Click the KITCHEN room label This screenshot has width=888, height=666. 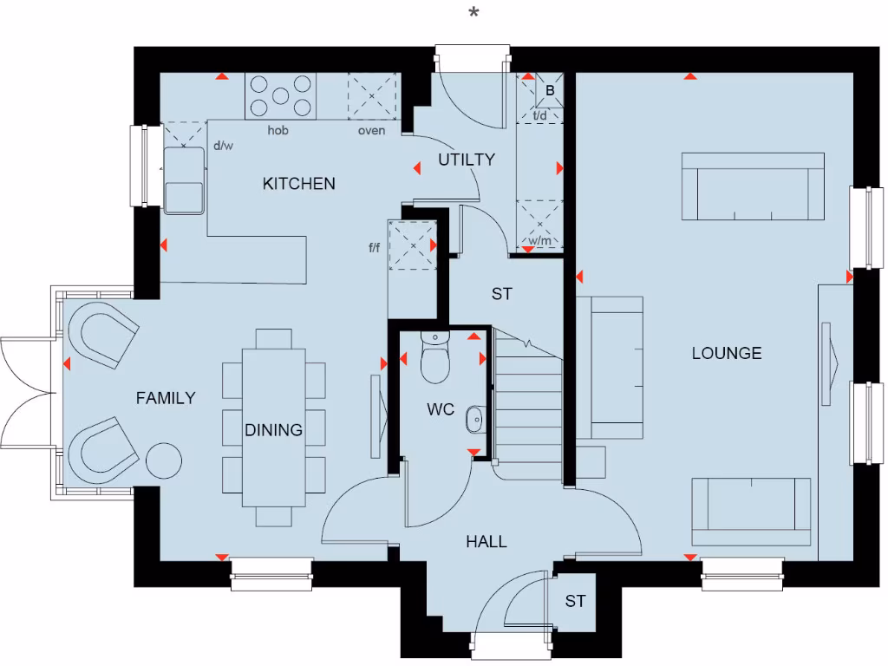tap(298, 184)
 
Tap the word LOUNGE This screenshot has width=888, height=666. tap(727, 353)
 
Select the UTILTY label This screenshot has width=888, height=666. tap(467, 160)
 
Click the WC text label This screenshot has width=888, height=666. tap(441, 410)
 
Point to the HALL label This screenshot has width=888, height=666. tap(486, 542)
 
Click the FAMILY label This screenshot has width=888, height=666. tap(166, 398)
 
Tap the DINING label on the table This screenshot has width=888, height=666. tap(274, 430)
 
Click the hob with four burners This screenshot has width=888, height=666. tap(280, 95)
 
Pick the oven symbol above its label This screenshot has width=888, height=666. tap(372, 96)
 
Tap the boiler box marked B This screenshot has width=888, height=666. tap(550, 90)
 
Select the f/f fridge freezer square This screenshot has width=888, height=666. tap(411, 246)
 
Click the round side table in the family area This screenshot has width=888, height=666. tap(163, 460)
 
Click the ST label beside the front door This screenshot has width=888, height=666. tap(576, 601)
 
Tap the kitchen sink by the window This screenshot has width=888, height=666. tap(183, 180)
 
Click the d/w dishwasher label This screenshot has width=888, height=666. tap(223, 146)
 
